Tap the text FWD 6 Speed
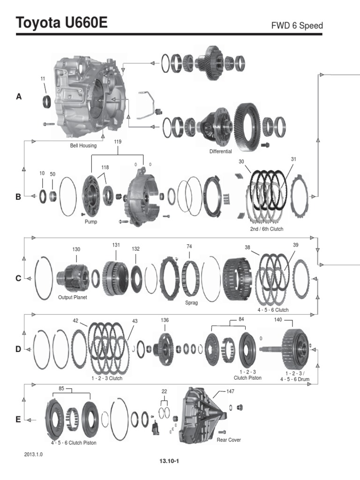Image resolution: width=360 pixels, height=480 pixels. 297,25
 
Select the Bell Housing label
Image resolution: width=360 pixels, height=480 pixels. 83,146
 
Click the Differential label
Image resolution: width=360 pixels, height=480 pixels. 221,152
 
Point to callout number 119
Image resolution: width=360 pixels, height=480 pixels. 117,141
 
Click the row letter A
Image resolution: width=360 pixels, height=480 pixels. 19,97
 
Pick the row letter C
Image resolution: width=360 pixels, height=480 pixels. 18,278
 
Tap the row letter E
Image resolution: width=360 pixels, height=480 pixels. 18,420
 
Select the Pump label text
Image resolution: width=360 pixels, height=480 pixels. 91,222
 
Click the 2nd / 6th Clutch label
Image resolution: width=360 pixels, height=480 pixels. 267,229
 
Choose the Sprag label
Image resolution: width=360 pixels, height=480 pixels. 191,303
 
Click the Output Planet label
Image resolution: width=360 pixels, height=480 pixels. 73,297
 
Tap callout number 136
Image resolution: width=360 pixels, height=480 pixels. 165,320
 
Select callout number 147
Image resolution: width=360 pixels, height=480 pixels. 230,391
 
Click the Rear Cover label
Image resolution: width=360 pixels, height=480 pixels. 229,440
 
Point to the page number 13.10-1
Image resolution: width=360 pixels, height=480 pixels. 170,461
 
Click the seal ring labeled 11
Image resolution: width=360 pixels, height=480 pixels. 48,100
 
